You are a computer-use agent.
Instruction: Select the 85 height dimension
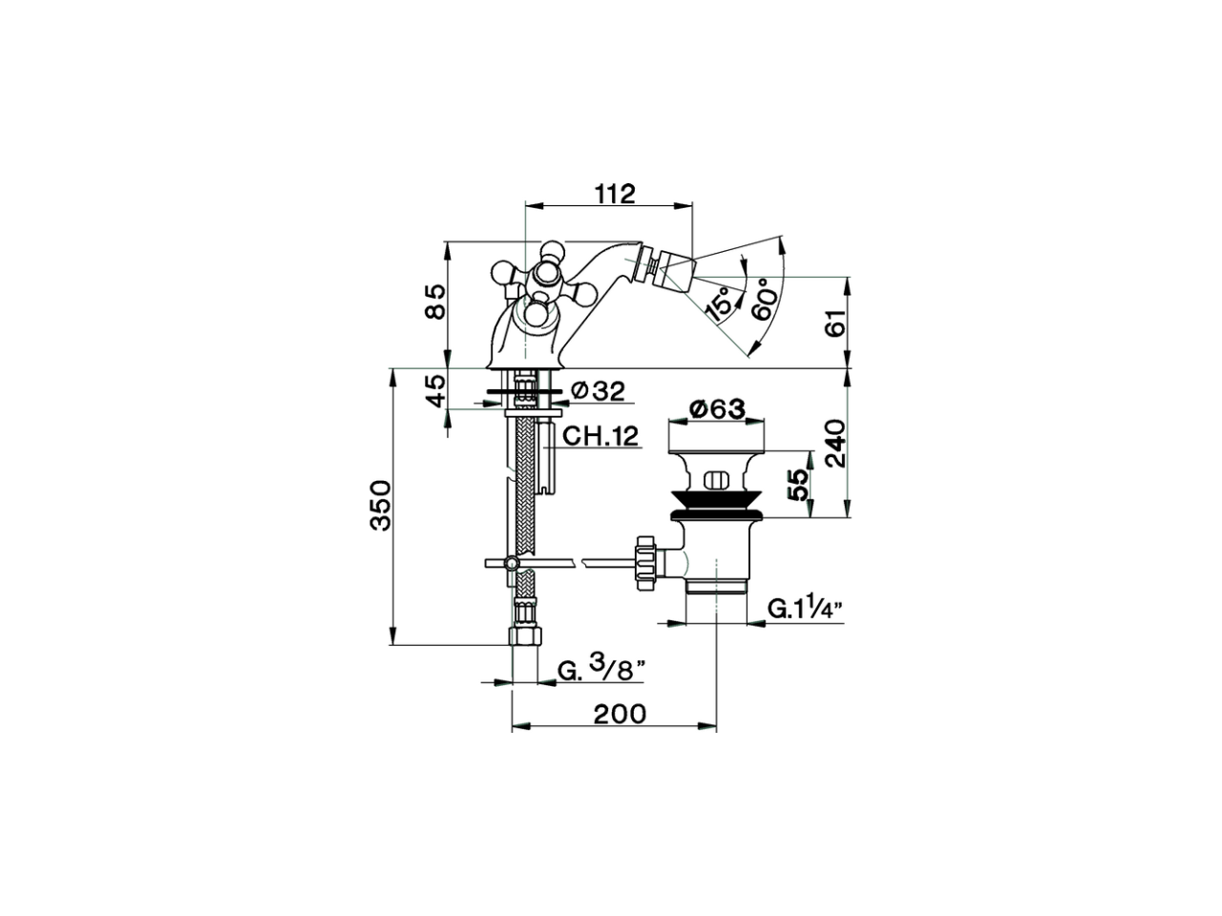(434, 303)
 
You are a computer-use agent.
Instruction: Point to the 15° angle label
(721, 302)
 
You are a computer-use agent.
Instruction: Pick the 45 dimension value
(434, 390)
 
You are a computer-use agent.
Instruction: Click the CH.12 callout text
(600, 437)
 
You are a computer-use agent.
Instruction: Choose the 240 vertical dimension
(835, 442)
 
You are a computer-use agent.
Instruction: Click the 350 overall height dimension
(380, 506)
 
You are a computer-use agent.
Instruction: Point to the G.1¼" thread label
(803, 608)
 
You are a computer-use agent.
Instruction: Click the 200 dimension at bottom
(619, 713)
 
